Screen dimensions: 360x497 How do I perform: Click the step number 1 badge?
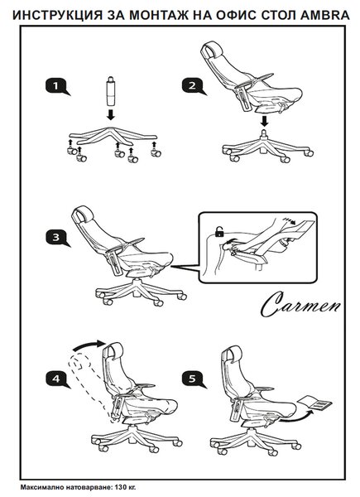(57, 86)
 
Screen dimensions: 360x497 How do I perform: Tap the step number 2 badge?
(193, 86)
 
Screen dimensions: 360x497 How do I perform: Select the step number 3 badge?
(57, 238)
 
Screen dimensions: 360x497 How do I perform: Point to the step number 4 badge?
(57, 379)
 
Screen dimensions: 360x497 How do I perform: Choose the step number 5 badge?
(193, 379)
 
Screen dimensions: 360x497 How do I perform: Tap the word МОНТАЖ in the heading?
(161, 15)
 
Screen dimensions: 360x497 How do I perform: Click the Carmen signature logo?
(300, 305)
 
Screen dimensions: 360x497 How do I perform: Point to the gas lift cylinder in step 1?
(111, 91)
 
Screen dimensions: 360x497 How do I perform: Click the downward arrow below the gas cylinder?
(111, 115)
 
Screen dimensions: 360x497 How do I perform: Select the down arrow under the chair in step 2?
(265, 121)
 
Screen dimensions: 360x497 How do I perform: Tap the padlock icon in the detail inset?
(219, 232)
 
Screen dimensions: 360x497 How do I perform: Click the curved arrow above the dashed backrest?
(89, 345)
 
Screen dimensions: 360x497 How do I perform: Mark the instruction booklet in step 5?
(315, 403)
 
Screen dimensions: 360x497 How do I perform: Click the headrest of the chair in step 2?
(212, 51)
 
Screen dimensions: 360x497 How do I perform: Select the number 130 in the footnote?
(120, 487)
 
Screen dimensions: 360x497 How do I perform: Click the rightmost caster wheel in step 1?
(156, 154)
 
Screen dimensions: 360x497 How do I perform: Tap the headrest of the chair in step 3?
(83, 215)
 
